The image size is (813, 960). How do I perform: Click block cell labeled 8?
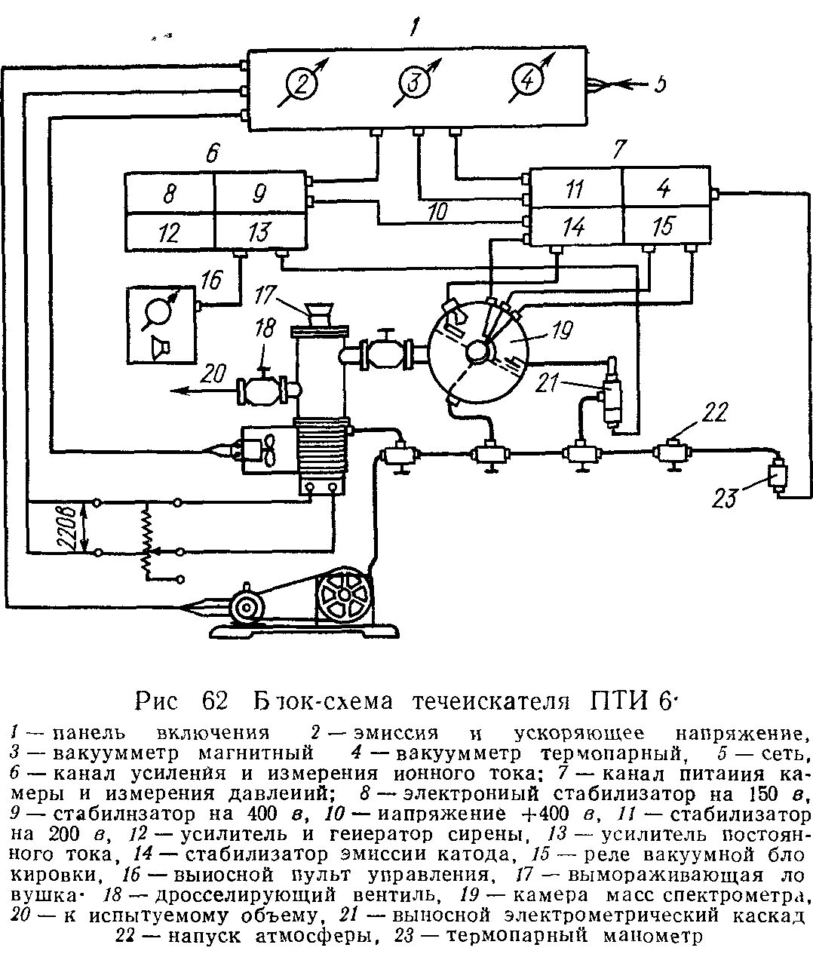[170, 195]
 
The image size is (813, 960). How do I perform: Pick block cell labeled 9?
[258, 195]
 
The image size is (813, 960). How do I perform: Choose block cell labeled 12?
[170, 232]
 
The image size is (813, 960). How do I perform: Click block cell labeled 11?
[575, 189]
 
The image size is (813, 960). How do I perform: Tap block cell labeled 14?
[575, 225]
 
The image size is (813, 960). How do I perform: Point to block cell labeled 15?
[663, 225]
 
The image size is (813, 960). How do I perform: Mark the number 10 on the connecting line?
[437, 213]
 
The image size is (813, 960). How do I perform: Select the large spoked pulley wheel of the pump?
[345, 593]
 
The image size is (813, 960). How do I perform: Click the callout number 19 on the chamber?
[562, 330]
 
